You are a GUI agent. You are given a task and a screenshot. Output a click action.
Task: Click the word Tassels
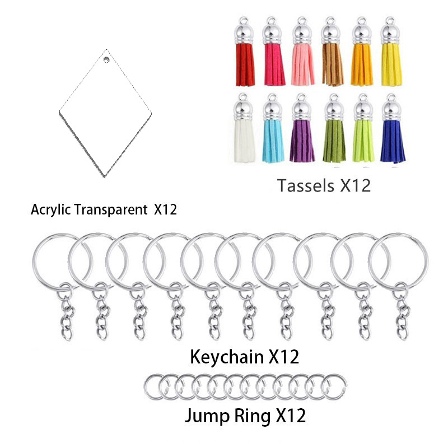[x=306, y=186]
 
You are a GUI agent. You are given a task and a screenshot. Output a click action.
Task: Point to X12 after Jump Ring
[x=290, y=416]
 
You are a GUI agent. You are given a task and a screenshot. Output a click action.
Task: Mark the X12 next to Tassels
[x=355, y=186]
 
